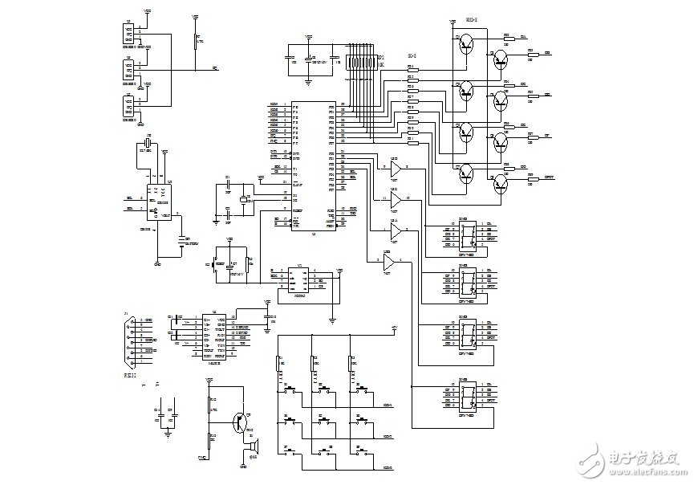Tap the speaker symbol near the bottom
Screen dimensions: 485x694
[254, 446]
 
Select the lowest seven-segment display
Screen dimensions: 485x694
[468, 394]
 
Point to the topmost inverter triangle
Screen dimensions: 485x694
[396, 171]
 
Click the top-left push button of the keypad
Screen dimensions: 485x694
[289, 392]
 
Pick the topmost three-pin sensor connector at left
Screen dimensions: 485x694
[128, 34]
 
